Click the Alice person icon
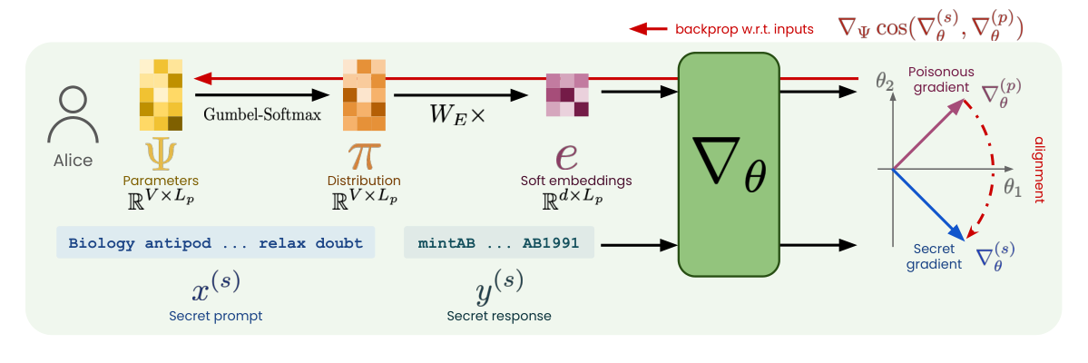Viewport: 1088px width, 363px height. coord(72,115)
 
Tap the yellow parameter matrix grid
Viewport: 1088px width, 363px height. coord(161,95)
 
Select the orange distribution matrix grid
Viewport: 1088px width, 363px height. coord(362,95)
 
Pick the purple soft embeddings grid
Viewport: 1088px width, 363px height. coord(567,95)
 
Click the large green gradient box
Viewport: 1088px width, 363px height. coord(729,163)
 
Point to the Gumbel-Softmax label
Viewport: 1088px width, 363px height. coord(262,115)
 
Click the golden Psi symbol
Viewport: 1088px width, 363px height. coord(161,153)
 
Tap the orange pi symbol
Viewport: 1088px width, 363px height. coord(362,154)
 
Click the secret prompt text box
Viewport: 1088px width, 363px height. coord(215,243)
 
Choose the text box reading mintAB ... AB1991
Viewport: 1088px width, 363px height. coord(498,243)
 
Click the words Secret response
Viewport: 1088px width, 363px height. coord(498,316)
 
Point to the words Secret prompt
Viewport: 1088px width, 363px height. coord(215,316)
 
